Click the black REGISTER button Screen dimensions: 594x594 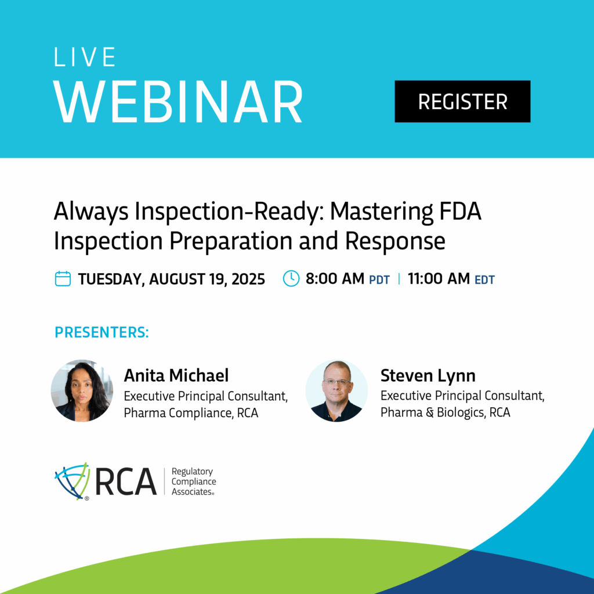point(462,101)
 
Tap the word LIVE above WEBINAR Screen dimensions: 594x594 point(85,57)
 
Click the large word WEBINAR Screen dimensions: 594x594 point(178,102)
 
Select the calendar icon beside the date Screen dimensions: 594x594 point(63,279)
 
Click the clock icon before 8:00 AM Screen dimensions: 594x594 point(291,278)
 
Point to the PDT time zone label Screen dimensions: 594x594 point(379,280)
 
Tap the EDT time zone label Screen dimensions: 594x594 point(484,280)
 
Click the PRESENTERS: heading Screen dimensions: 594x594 point(102,332)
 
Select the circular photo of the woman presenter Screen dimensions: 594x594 point(82,390)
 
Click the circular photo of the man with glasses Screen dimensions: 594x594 point(336,390)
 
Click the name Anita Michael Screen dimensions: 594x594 point(176,375)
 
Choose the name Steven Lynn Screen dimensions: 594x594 point(428,375)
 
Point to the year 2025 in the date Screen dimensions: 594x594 point(248,279)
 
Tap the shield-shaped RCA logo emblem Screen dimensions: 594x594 point(73,481)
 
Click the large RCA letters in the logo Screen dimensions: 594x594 point(126,481)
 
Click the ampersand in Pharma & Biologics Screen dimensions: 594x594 point(430,412)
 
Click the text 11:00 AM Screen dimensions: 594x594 point(439,279)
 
